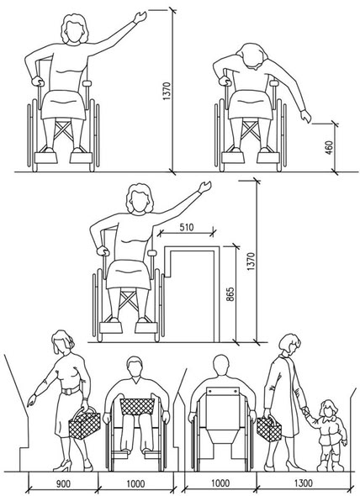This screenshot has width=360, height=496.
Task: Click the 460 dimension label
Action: pyautogui.click(x=330, y=147)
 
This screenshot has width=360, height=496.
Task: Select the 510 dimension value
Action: pyautogui.click(x=187, y=228)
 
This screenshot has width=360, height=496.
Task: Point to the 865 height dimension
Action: pyautogui.click(x=230, y=294)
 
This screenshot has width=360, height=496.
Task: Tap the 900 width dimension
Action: pyautogui.click(x=63, y=484)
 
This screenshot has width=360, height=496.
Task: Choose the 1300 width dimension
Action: pyautogui.click(x=304, y=483)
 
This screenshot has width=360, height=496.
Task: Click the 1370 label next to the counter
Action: pyautogui.click(x=251, y=261)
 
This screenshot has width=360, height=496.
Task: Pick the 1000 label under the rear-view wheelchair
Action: pyautogui.click(x=220, y=483)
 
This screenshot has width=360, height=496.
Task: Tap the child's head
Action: pyautogui.click(x=329, y=409)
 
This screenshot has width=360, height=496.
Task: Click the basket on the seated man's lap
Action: pyautogui.click(x=137, y=407)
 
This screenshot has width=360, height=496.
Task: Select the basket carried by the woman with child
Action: pyautogui.click(x=269, y=429)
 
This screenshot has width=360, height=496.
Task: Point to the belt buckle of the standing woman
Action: pyautogui.click(x=66, y=391)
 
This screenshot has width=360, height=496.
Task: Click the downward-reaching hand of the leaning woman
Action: pyautogui.click(x=306, y=116)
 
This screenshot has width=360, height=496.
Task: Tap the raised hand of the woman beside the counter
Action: pyautogui.click(x=204, y=187)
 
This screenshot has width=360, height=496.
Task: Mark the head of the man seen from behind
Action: pyautogui.click(x=220, y=366)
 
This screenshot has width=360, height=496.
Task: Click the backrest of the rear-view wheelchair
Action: pyautogui.click(x=222, y=408)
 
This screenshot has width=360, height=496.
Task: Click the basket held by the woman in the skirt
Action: pyautogui.click(x=84, y=423)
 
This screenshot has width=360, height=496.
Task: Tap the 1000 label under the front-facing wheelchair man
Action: pyautogui.click(x=135, y=484)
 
